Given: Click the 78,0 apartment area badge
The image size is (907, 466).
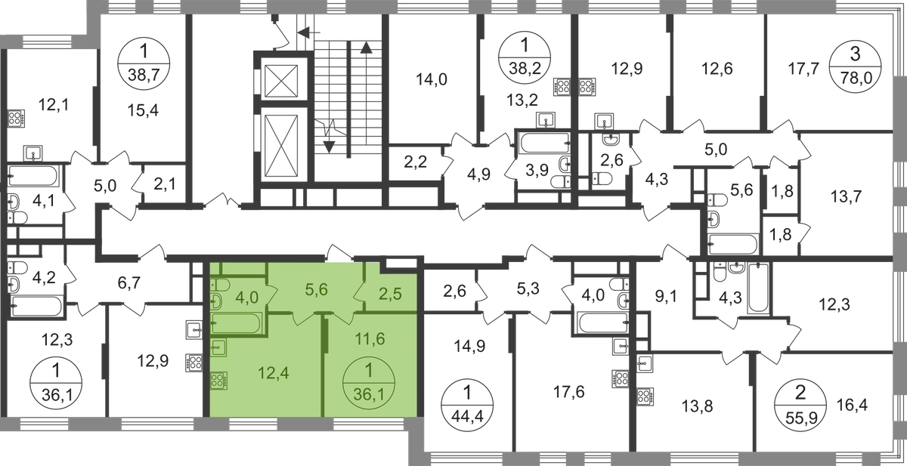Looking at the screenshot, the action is [855, 66].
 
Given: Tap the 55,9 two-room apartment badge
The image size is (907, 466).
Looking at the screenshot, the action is [800, 405].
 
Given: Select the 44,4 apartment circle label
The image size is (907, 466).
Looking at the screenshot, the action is [467, 404].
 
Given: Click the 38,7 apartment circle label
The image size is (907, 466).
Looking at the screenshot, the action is [144, 63].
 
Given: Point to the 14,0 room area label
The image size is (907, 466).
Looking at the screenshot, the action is [432, 80].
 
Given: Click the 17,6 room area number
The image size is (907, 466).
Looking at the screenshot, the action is [569, 391].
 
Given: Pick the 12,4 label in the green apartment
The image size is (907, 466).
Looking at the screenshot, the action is [274, 372].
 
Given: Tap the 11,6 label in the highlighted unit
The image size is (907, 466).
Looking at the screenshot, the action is [370, 338].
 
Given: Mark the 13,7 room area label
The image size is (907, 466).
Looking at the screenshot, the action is [847, 197].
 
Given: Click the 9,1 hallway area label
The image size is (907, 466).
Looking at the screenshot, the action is [665, 298].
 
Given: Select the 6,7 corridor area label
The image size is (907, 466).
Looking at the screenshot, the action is [128, 282].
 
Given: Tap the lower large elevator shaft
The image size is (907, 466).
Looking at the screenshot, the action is [281, 144].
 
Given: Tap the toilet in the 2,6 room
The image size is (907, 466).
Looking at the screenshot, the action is [602, 178].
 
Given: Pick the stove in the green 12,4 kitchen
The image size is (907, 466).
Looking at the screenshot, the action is [218, 381].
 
